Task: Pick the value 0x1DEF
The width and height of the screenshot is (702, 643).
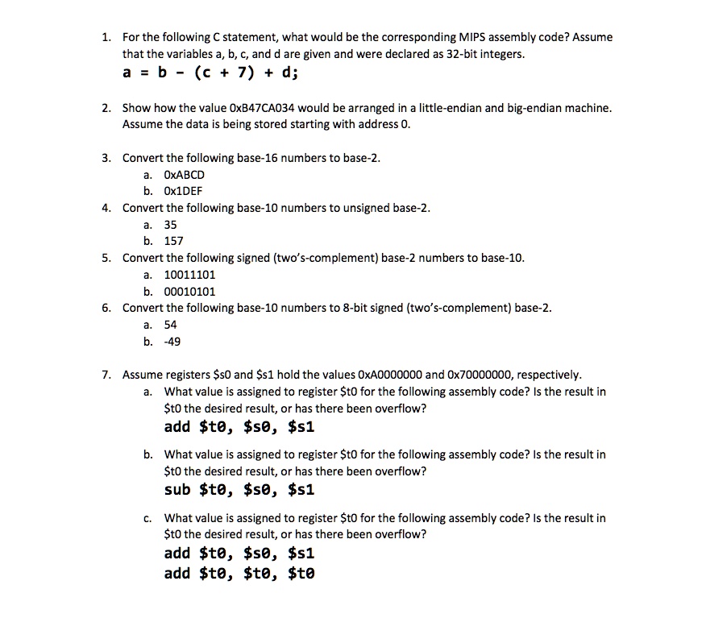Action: coord(183,191)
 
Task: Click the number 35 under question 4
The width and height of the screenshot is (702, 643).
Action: coord(170,225)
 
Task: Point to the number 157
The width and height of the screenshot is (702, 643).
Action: coord(173,241)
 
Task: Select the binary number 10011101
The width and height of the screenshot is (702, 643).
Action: coord(189,275)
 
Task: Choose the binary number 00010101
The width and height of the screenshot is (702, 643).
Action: coord(189,292)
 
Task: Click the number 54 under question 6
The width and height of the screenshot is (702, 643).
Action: coord(170,325)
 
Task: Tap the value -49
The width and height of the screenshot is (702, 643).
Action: coord(172,342)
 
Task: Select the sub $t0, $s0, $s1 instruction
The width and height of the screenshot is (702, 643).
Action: coord(239,490)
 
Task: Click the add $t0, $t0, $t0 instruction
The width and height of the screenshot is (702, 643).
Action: coord(239,574)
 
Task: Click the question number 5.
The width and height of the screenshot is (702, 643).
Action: coord(106,258)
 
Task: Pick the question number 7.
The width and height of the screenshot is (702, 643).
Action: coord(106,375)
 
